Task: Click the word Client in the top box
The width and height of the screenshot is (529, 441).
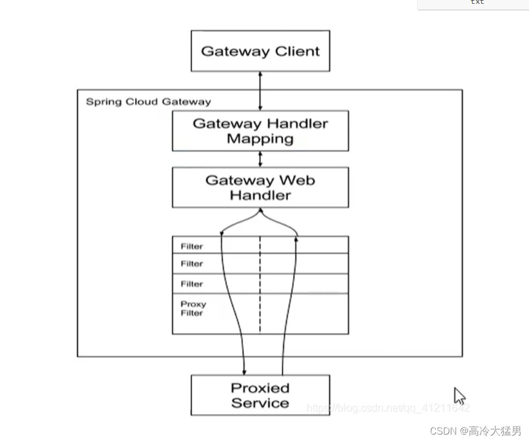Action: [297, 51]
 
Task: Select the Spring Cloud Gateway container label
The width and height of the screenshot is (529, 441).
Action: [148, 102]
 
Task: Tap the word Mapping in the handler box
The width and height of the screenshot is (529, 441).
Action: [260, 139]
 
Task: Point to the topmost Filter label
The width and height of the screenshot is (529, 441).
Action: [192, 247]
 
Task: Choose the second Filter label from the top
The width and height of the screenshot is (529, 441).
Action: [192, 264]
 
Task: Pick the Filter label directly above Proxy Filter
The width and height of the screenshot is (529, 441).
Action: [192, 284]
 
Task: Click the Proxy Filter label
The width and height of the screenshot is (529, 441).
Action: [193, 308]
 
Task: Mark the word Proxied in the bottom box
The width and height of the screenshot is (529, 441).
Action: [260, 388]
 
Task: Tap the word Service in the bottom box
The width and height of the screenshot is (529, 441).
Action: [260, 403]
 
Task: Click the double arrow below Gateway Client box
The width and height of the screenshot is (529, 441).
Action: [260, 91]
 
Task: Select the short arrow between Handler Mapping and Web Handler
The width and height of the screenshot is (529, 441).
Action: [260, 159]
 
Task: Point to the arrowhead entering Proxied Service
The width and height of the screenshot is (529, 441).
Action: [245, 371]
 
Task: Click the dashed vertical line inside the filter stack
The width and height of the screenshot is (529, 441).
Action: [260, 284]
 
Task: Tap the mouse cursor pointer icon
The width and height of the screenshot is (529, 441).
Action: [459, 396]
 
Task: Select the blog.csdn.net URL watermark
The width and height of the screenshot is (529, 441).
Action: [388, 408]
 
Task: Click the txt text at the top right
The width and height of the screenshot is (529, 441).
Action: [477, 3]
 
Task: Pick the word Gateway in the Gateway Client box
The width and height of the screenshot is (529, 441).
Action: [236, 51]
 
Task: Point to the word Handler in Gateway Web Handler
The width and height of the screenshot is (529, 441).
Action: [260, 195]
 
